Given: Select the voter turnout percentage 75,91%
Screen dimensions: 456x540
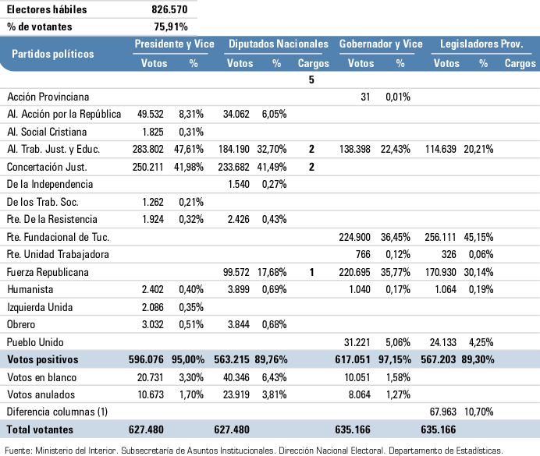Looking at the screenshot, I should click(175, 27).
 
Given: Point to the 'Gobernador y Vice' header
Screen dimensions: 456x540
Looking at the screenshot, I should click(381, 44).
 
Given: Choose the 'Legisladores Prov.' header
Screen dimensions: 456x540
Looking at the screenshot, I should click(481, 44).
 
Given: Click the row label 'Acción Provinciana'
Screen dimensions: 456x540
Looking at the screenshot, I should click(48, 97).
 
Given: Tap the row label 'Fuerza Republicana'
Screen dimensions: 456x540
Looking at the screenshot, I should click(48, 272).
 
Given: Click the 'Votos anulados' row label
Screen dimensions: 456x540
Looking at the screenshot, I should click(39, 395).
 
